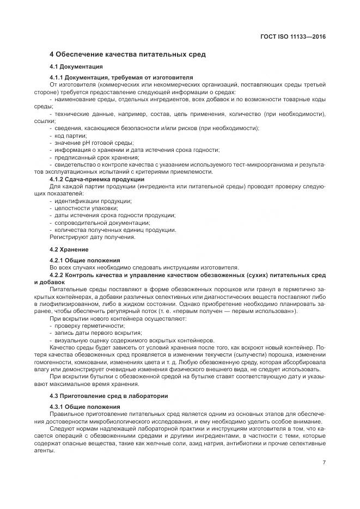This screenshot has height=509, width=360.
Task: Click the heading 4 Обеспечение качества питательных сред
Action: coord(127,54)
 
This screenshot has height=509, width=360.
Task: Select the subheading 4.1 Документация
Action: coord(76,66)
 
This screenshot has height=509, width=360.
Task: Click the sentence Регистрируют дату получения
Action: coord(93,237)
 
